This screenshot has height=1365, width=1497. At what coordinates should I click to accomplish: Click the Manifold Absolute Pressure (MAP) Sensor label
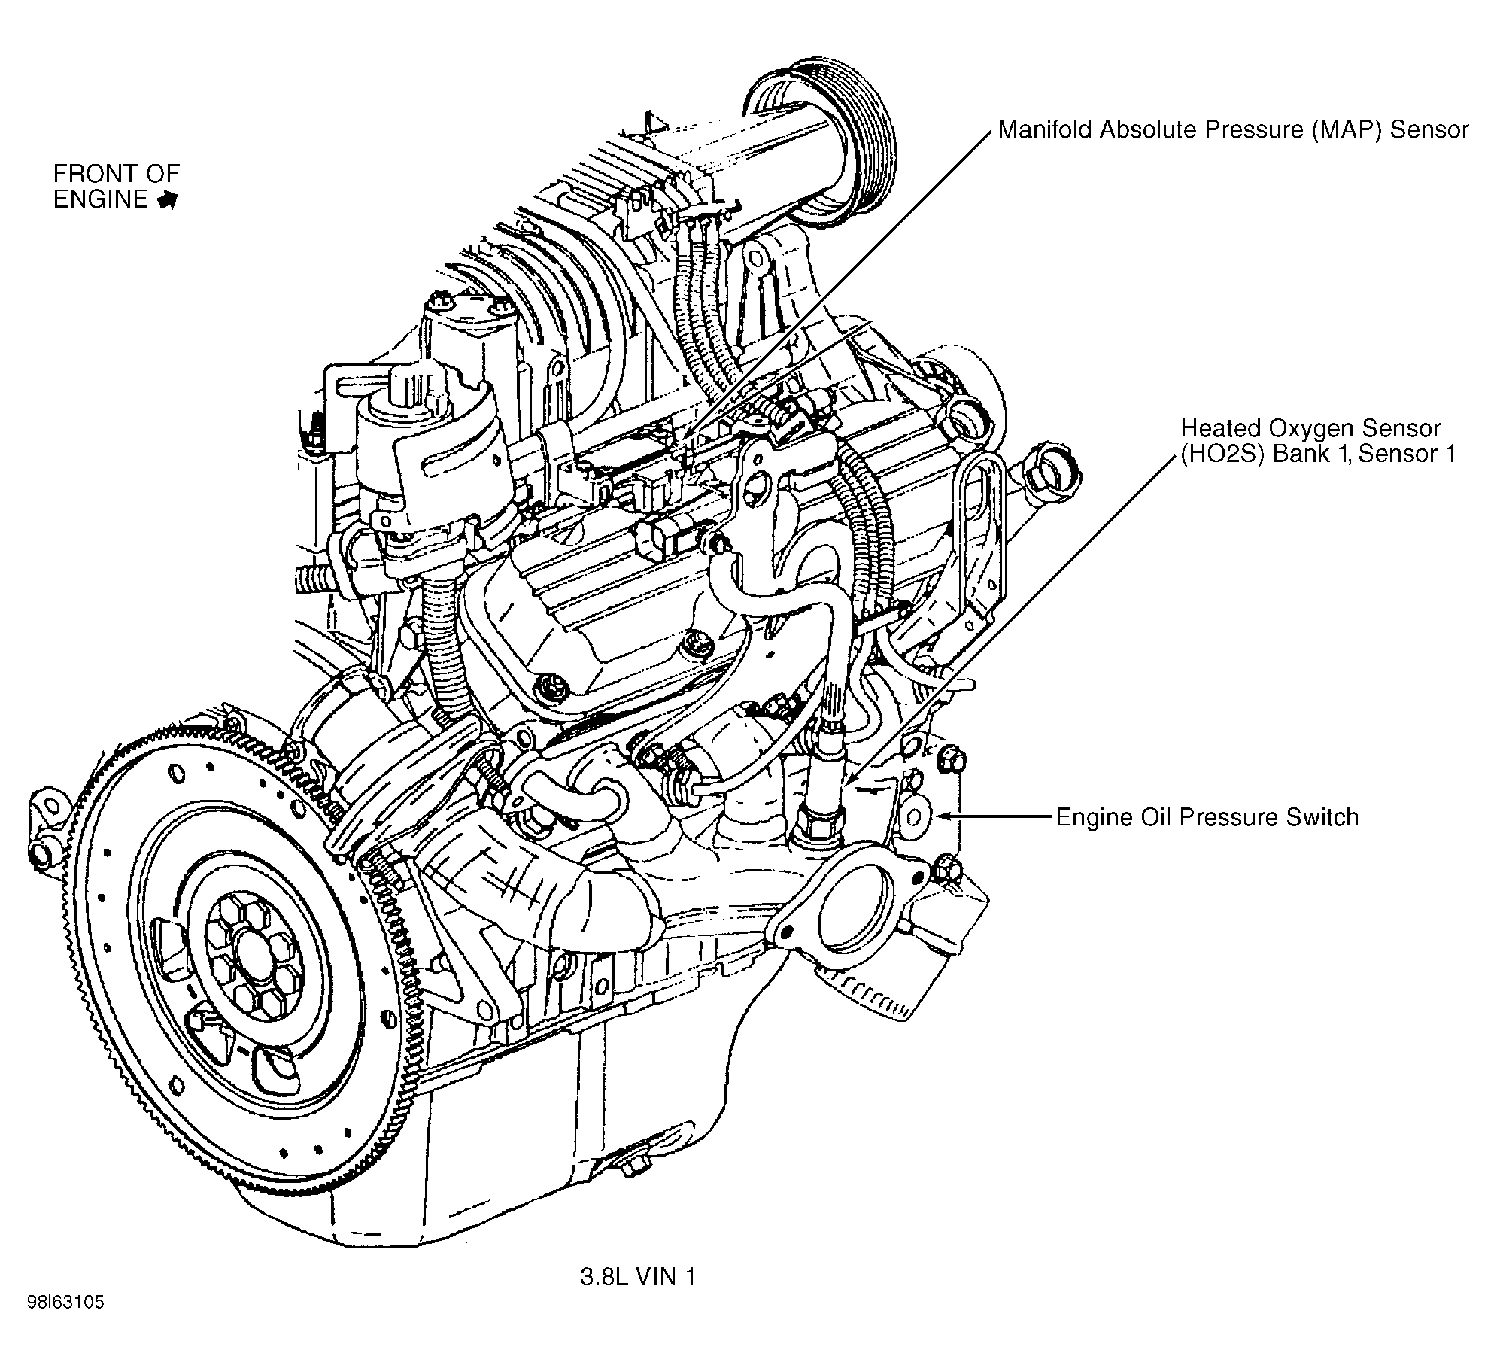click(x=1232, y=130)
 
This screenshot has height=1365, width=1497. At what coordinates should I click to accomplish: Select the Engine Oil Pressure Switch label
click(x=1207, y=817)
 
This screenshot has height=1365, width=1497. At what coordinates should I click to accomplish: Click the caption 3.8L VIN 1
click(x=638, y=1277)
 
